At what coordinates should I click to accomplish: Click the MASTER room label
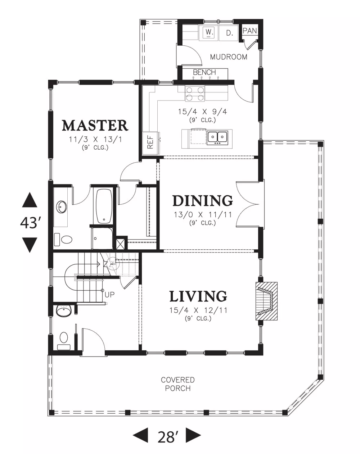point(95,125)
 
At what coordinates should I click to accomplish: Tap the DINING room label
point(203,200)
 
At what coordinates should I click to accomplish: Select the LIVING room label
point(198,296)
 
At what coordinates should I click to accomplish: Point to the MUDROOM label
point(229,57)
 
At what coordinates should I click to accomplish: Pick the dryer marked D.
point(229,33)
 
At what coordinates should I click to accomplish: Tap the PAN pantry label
point(249,31)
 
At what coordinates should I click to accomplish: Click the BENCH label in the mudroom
point(204,72)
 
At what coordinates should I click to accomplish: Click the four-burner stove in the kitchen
point(195,94)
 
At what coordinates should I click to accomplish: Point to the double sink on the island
point(217,138)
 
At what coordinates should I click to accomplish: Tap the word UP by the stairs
point(109,295)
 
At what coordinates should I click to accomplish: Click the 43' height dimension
point(30,223)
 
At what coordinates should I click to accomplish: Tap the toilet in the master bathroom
point(63,240)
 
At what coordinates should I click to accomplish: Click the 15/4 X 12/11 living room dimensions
point(198,310)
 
